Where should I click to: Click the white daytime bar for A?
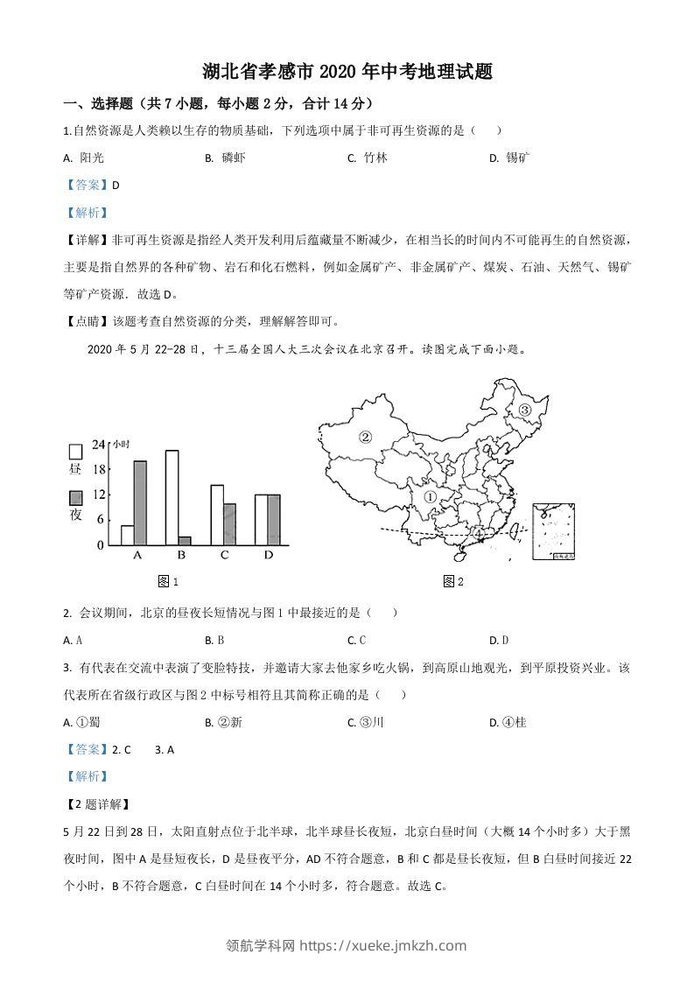127,535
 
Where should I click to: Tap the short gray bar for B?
185,540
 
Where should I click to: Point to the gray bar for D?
275,520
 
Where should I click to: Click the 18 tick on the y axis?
100,469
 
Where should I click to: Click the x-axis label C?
224,556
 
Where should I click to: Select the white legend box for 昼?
75,452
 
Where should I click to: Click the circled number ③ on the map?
525,410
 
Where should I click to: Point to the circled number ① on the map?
430,496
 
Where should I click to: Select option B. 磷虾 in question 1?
225,158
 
